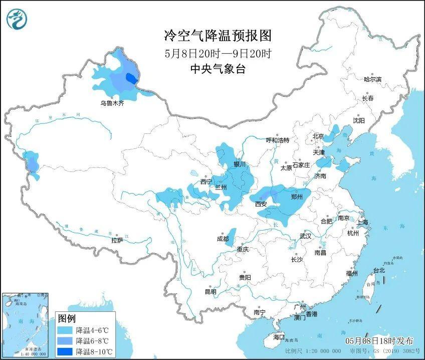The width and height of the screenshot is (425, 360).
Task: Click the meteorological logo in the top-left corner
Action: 17,20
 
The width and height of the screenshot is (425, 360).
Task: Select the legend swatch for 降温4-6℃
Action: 65,330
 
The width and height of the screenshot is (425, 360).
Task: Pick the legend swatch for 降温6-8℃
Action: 65,341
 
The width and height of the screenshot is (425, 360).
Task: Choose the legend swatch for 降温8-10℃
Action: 65,351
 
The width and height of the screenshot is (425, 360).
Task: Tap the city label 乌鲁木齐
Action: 111,103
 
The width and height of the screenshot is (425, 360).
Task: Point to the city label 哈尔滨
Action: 372,79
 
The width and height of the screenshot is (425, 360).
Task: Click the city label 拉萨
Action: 117,241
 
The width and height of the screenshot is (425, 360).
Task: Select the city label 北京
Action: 318,136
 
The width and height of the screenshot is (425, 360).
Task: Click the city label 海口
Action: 278,337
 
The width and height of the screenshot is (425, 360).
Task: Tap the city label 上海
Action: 362,222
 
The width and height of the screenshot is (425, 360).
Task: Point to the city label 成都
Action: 223,239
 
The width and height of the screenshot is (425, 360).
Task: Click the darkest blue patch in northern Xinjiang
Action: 131,78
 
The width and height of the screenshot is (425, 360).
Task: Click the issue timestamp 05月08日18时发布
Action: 379,340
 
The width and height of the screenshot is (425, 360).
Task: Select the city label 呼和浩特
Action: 277,140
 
